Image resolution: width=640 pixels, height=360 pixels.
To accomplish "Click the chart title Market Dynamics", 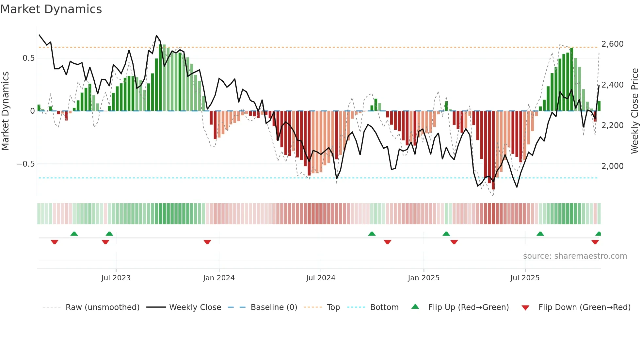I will click(x=51, y=9).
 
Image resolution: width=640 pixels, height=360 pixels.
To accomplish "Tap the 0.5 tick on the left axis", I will click(x=28, y=58).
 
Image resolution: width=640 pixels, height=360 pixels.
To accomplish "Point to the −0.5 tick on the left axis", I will click(x=26, y=164).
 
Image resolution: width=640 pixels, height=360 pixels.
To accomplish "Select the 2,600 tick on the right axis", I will click(x=612, y=44).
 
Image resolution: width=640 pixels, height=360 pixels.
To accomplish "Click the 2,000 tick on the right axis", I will click(x=612, y=166).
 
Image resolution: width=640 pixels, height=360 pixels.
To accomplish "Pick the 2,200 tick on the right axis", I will click(x=612, y=125).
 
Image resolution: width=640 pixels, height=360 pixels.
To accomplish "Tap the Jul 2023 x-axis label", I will click(x=116, y=278).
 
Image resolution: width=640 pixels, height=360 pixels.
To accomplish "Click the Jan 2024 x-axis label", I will click(x=219, y=278).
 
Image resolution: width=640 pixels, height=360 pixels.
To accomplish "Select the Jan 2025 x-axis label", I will click(x=424, y=278).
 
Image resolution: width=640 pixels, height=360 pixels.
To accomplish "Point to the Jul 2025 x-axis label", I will click(x=525, y=278).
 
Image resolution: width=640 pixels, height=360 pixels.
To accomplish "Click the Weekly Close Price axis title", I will click(x=634, y=111).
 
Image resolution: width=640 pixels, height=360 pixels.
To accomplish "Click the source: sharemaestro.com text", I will click(x=575, y=256).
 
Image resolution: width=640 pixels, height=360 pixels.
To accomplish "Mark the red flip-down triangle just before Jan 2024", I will click(x=207, y=242).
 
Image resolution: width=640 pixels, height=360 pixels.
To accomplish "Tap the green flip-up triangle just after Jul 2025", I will click(x=540, y=234).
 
